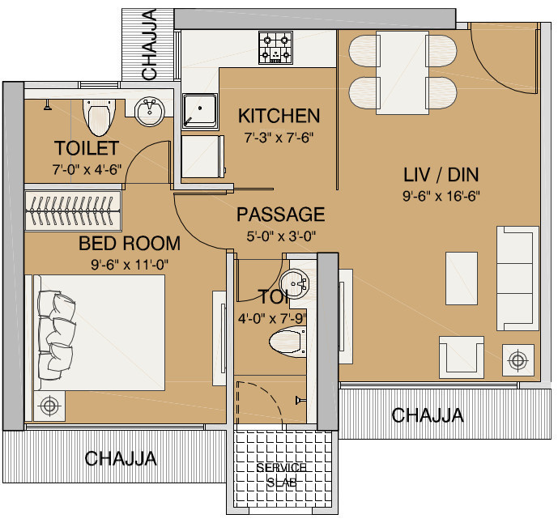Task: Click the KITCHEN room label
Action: [279, 116]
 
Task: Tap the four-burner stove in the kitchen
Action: [275, 48]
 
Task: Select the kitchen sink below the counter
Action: [198, 110]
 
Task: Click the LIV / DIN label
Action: [440, 174]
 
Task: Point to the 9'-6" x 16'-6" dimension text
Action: [440, 195]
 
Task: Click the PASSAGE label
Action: [280, 215]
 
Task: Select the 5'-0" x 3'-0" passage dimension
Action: [280, 236]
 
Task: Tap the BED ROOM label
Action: [130, 243]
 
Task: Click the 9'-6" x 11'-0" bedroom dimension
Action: [130, 263]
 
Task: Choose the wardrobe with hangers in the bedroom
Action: [73, 209]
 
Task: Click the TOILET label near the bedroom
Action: [87, 148]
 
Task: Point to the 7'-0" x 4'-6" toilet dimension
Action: [87, 169]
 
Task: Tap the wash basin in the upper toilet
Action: [149, 112]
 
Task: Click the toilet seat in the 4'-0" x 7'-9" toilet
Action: [288, 342]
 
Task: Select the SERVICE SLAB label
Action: [281, 475]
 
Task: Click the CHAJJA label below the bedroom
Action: [121, 459]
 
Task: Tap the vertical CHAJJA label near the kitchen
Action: [150, 45]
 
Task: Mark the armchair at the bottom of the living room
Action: [462, 356]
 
